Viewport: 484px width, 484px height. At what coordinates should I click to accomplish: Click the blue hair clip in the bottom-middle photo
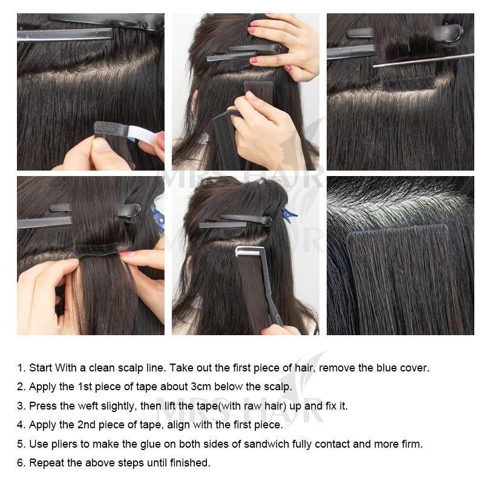point(289,214)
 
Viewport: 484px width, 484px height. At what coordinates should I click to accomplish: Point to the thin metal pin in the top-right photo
point(423,60)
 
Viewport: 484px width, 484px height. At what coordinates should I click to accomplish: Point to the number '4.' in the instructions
point(21,425)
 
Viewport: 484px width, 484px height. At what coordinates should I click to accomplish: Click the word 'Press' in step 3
point(42,406)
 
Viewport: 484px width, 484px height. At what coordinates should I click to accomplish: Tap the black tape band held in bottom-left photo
point(97,249)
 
